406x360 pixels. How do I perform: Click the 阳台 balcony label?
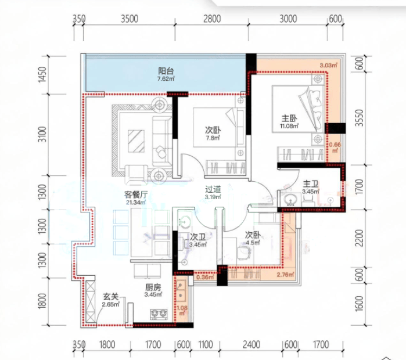(166, 71)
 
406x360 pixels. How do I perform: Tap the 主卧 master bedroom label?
(289, 118)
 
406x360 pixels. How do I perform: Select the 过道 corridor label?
(213, 190)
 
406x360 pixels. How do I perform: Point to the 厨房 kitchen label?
(153, 287)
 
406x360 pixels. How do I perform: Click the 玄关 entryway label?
(110, 297)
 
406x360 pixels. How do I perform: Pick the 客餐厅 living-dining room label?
(136, 195)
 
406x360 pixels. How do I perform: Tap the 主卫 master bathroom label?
(311, 184)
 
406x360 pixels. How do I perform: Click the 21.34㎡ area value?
(136, 203)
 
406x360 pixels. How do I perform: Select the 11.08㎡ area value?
(289, 126)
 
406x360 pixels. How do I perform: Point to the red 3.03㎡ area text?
(328, 65)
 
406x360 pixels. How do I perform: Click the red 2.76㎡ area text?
(285, 275)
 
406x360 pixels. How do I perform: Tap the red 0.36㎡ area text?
(205, 278)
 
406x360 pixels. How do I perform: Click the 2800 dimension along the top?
(212, 19)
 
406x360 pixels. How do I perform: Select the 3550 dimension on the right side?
(359, 118)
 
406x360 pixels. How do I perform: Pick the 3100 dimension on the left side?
(43, 134)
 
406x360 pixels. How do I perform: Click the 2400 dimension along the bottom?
(251, 345)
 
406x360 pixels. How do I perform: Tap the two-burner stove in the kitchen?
(159, 314)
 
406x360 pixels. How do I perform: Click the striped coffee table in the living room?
(136, 141)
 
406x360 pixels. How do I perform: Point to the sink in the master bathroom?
(291, 200)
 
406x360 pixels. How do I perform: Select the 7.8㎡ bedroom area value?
(213, 138)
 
